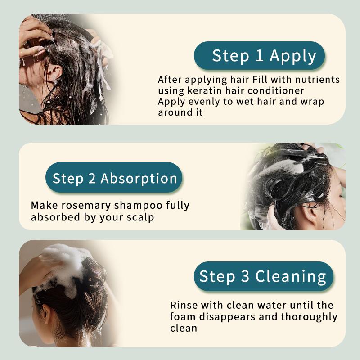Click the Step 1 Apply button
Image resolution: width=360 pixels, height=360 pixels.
tap(260, 56)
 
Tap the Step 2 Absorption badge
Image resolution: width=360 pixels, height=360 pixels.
tap(114, 178)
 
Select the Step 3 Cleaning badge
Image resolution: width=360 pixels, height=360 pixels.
tap(264, 276)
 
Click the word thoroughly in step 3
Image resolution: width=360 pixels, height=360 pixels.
tap(309, 316)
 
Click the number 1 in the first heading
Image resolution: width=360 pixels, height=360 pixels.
tap(259, 56)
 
